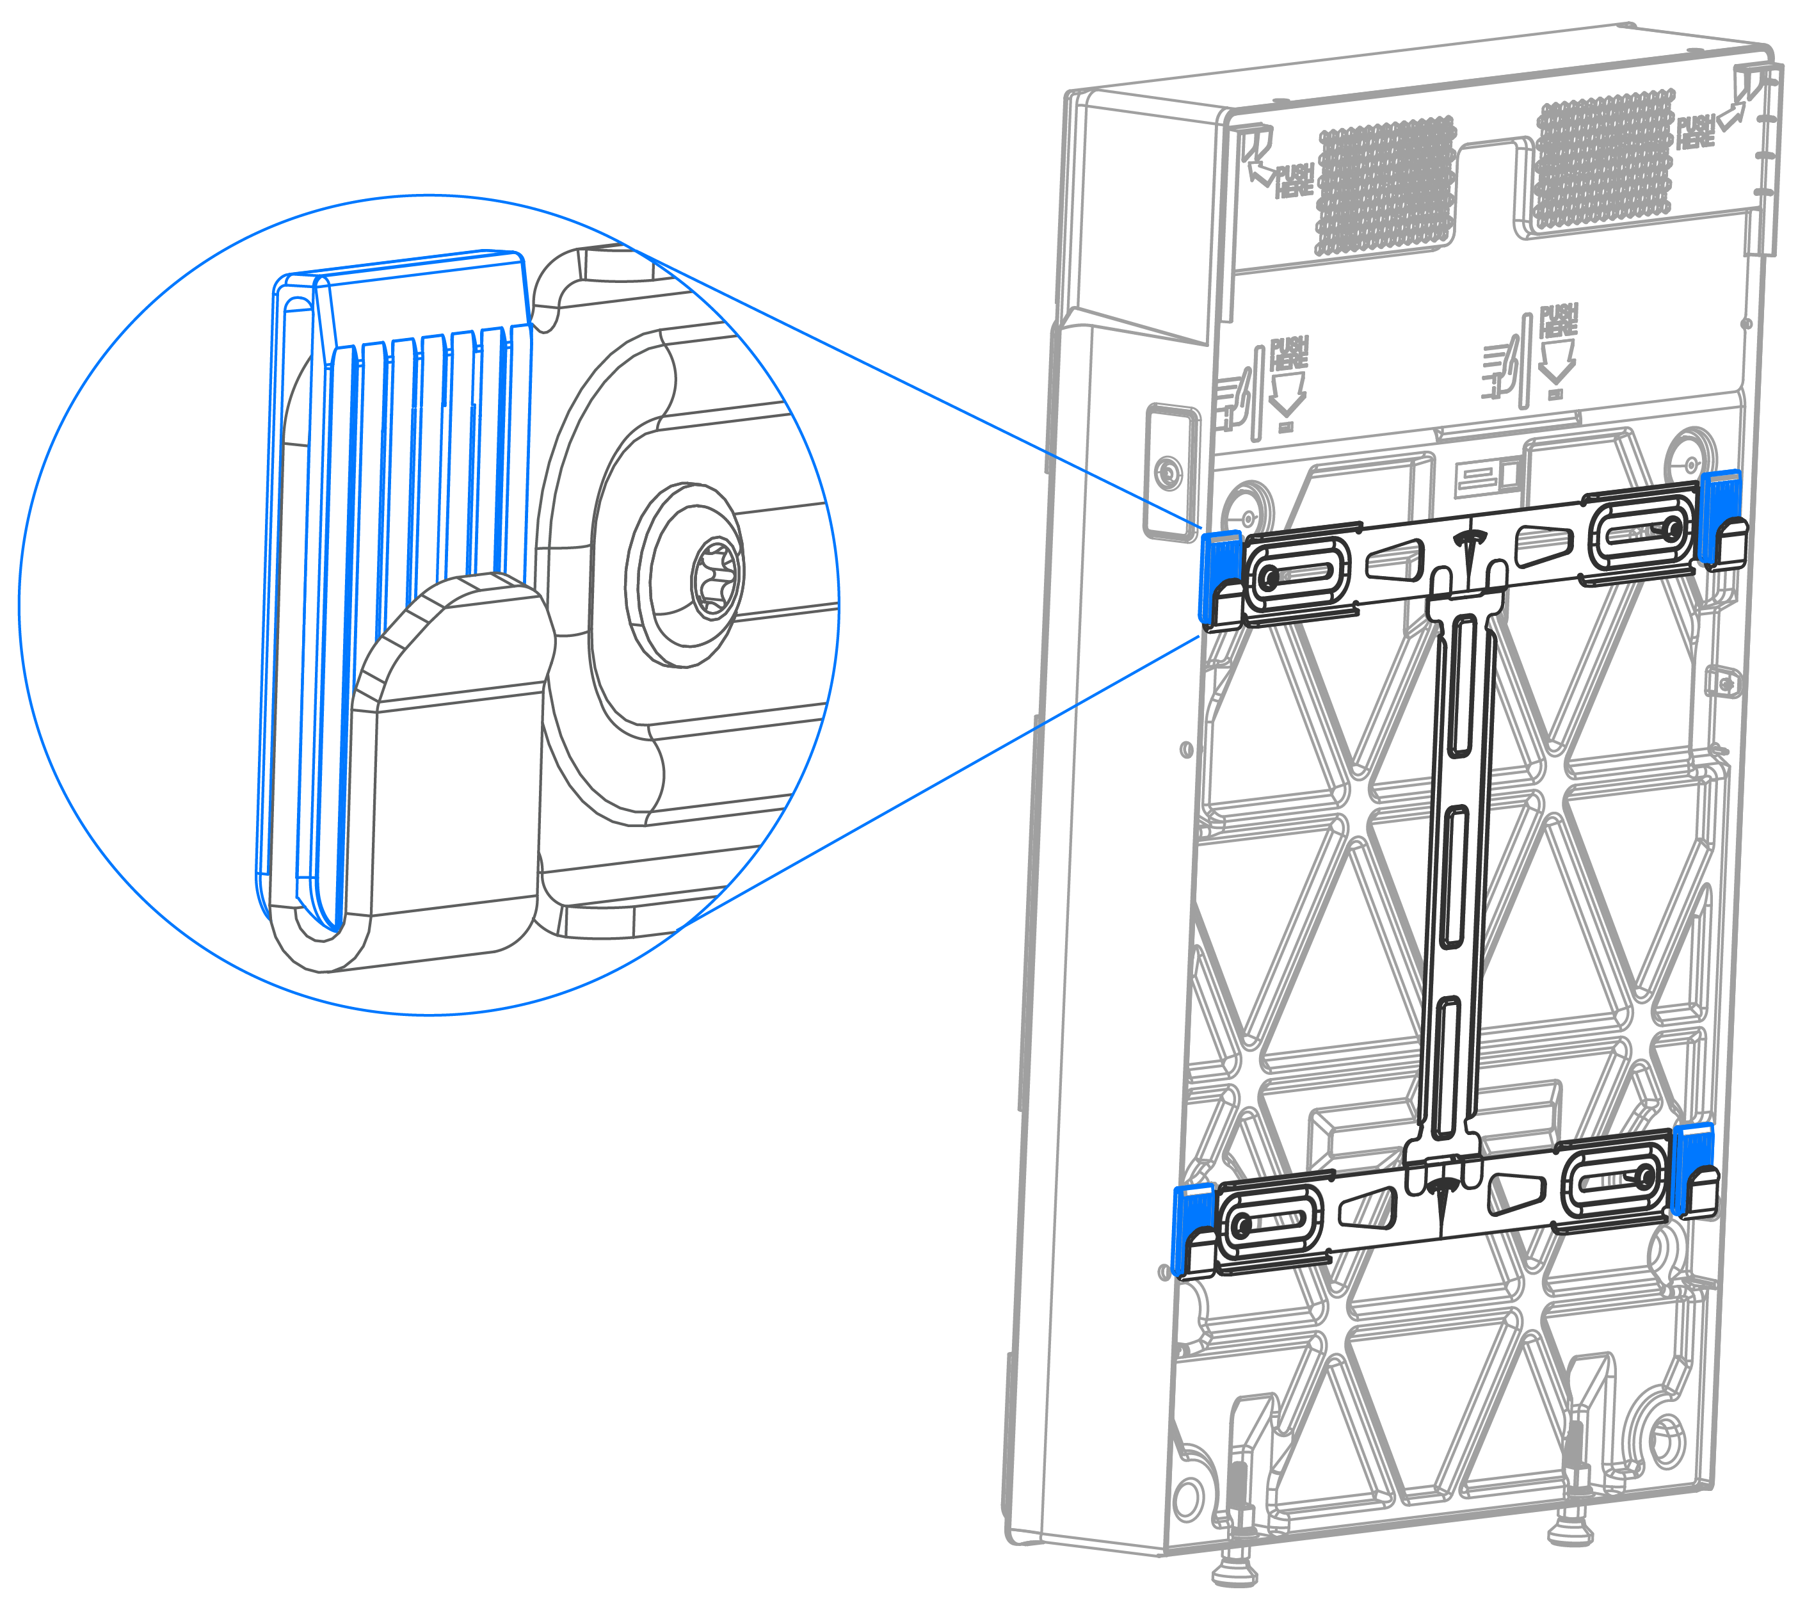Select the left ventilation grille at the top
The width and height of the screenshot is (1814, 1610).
[x=1386, y=186]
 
